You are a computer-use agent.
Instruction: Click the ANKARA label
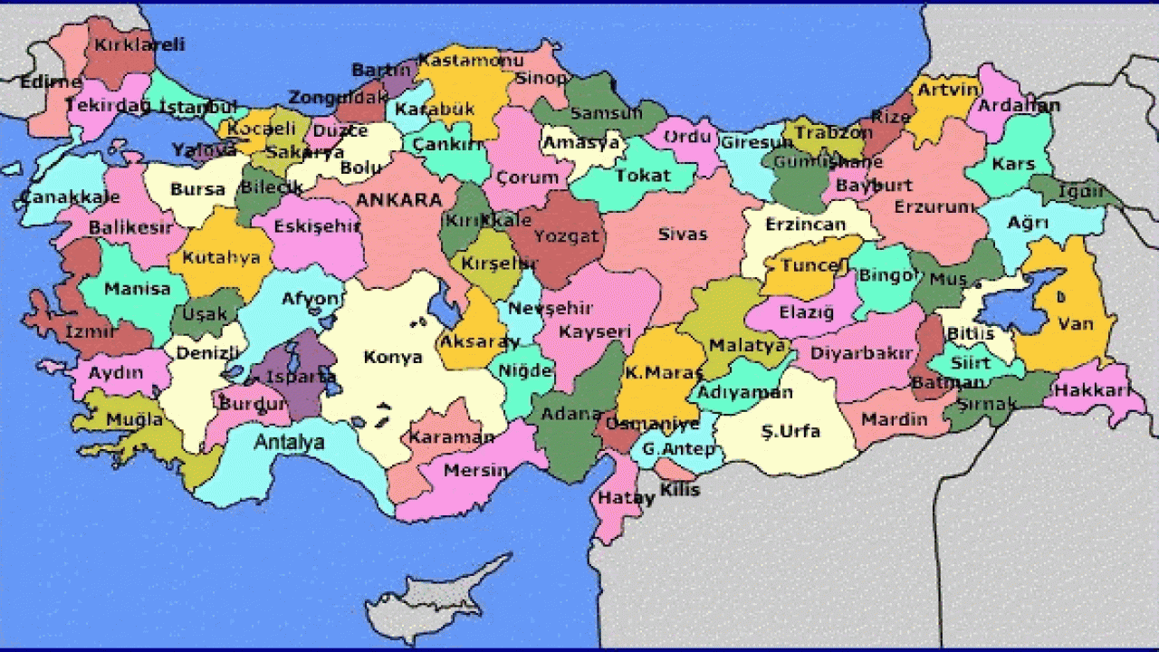click(x=398, y=199)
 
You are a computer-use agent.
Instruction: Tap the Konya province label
click(x=393, y=357)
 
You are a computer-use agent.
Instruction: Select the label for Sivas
click(x=682, y=235)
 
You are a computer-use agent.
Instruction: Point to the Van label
click(x=1075, y=323)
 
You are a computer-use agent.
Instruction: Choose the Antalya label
click(x=289, y=443)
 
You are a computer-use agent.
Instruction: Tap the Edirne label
click(x=51, y=81)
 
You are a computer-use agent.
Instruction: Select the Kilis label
click(x=680, y=490)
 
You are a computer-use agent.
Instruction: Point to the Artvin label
click(x=948, y=90)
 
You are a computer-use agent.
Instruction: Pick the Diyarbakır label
click(x=864, y=353)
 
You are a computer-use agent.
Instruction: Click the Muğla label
click(x=134, y=419)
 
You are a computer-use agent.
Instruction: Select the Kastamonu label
click(x=471, y=61)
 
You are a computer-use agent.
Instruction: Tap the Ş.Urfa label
click(x=790, y=431)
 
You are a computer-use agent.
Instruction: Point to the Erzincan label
click(x=805, y=224)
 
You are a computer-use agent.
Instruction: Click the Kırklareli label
click(x=142, y=43)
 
